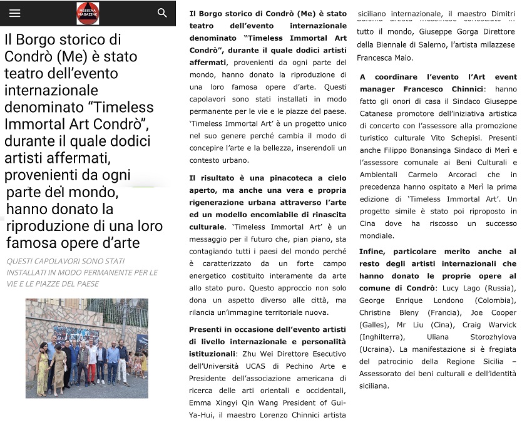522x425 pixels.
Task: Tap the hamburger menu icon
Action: point(15,13)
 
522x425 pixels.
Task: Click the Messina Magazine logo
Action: point(88,13)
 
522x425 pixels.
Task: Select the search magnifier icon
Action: point(162,13)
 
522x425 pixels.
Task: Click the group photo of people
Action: point(87,348)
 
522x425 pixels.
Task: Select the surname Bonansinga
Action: point(437,150)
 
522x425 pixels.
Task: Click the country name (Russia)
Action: point(498,288)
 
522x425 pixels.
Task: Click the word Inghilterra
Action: point(380,337)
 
